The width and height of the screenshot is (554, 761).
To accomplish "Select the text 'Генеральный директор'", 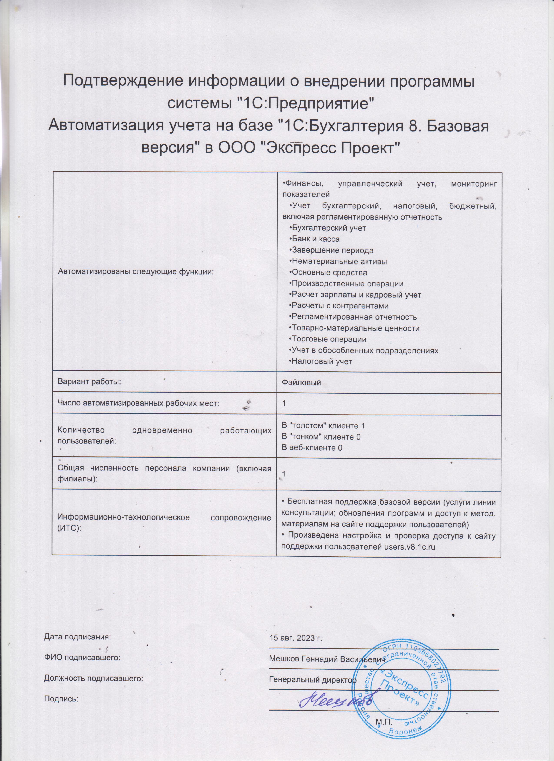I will pos(313,680).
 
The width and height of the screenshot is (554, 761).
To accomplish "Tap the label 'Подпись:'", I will pos(61,699).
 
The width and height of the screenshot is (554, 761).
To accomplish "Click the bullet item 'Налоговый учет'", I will pos(322,361).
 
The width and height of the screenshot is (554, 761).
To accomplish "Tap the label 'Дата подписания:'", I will pos(77,637).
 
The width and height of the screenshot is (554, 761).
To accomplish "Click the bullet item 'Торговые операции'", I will pos(329,339).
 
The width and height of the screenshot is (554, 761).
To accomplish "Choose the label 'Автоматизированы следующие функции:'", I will pos(136,272).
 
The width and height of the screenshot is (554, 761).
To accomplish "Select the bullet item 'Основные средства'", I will pos(329,272).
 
